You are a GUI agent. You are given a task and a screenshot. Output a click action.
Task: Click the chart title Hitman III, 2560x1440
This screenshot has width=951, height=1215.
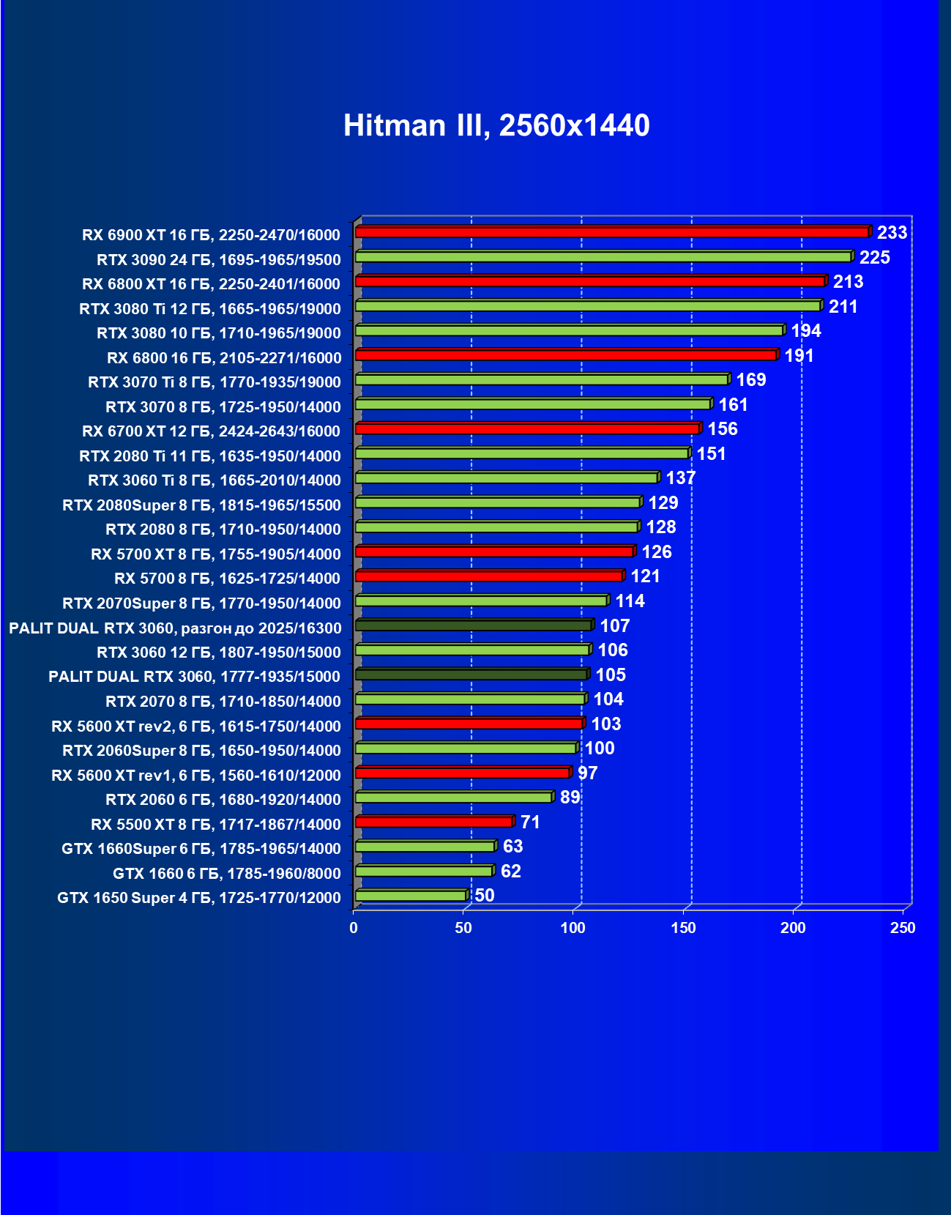point(496,125)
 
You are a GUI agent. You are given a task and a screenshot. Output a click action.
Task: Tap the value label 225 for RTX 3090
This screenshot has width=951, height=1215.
point(874,257)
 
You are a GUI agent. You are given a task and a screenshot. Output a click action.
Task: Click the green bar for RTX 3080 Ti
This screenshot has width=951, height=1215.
point(587,306)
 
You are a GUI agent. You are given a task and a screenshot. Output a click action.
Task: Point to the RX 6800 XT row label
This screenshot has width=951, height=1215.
point(211,284)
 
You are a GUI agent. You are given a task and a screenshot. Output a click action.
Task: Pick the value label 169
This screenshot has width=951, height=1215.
point(750,379)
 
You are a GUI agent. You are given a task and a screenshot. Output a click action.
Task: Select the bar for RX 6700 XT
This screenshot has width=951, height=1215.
point(527,428)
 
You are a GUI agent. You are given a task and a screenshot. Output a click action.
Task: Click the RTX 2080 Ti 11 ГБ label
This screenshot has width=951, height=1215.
point(210,456)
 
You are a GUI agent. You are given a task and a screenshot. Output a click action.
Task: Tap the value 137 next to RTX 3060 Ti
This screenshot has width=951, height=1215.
point(680,478)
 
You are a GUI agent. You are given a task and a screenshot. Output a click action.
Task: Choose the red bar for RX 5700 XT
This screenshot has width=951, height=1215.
point(494,551)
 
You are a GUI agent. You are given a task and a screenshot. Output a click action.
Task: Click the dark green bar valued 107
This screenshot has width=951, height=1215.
point(473,625)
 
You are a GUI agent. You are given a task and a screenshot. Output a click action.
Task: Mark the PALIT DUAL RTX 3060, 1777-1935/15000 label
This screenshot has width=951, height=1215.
point(194,677)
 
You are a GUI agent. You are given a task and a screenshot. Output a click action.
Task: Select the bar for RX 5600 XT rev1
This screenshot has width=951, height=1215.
point(462,773)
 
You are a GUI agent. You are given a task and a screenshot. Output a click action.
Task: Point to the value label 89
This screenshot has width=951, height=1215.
point(570,797)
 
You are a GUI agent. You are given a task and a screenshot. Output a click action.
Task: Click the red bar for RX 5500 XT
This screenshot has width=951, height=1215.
point(433,822)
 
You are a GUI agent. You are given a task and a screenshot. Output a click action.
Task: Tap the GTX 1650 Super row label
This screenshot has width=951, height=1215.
point(198,898)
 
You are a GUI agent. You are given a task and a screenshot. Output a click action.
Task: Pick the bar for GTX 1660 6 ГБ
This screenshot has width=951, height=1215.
point(423,871)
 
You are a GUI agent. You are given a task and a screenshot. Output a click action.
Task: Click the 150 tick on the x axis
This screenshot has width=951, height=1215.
point(683,928)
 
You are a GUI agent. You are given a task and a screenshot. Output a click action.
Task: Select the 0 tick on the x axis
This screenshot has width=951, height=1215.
point(354,928)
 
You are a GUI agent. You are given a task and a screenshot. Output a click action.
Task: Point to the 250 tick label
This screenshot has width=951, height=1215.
point(902,928)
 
